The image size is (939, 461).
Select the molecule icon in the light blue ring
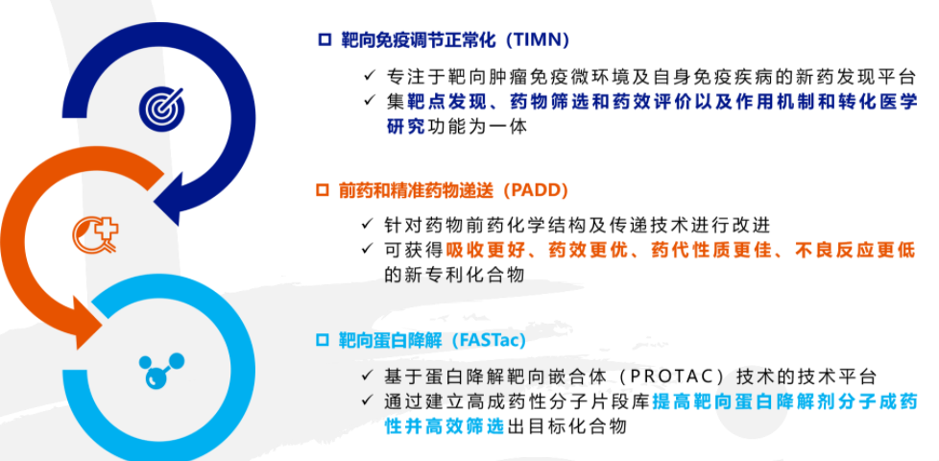(156, 369)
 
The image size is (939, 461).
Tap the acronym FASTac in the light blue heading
(493, 340)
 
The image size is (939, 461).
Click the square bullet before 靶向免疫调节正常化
(324, 40)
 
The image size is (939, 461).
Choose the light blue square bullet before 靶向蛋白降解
(324, 340)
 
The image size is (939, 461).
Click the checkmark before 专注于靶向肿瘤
(370, 77)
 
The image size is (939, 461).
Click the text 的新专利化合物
(454, 275)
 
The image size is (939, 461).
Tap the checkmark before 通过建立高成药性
(370, 401)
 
